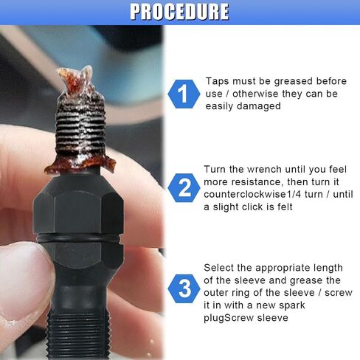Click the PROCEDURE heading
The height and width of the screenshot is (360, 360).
pos(179,11)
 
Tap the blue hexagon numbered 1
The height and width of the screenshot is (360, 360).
pos(184,94)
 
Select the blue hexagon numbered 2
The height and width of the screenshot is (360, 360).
pos(184,188)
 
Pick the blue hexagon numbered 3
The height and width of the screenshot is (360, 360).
pos(184,288)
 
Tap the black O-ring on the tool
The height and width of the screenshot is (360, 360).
pos(80,238)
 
